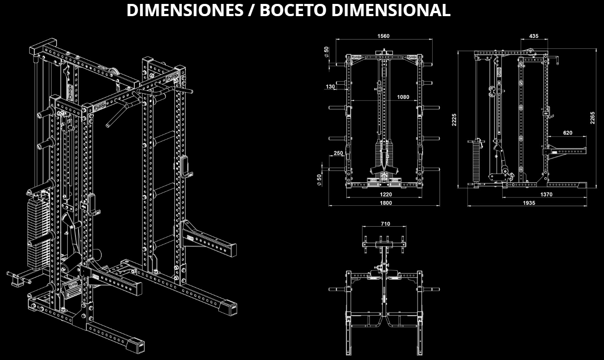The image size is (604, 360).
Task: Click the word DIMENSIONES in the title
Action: [185, 10]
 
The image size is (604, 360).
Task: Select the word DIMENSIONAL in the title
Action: [391, 10]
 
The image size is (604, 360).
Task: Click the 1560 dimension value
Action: [383, 36]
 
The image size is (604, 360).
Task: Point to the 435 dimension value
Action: [534, 36]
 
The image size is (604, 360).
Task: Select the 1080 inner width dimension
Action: [403, 97]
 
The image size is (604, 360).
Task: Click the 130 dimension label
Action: [330, 86]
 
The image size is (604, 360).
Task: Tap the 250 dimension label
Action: [338, 153]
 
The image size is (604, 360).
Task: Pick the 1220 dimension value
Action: [386, 194]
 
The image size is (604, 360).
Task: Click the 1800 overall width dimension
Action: [386, 203]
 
